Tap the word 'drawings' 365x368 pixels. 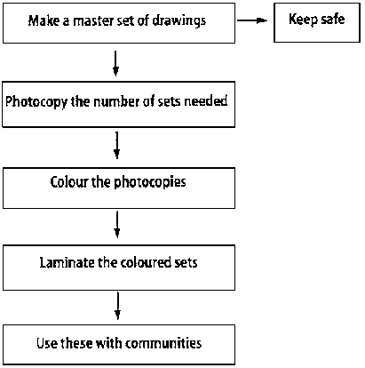click(x=179, y=21)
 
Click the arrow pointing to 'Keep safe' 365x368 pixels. click(x=252, y=20)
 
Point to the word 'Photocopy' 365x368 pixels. click(x=36, y=102)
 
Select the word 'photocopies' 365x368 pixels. click(x=150, y=182)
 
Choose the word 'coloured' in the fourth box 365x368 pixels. click(x=146, y=262)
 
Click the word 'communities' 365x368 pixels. click(x=163, y=343)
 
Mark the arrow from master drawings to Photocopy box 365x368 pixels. click(x=115, y=63)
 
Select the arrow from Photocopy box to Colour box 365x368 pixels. click(x=117, y=145)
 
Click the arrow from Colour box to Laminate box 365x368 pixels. click(x=117, y=224)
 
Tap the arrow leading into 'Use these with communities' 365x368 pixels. click(x=118, y=306)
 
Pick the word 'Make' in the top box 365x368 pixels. click(x=44, y=20)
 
